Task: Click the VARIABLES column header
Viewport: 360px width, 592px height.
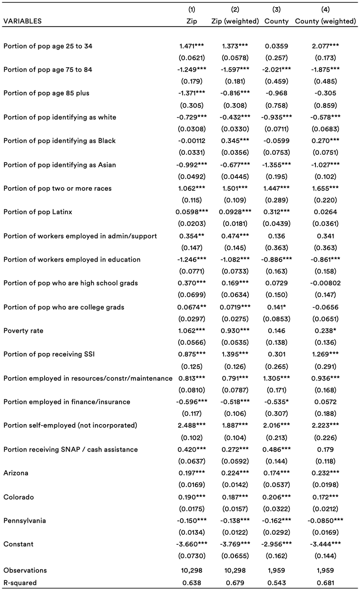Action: [x=22, y=21]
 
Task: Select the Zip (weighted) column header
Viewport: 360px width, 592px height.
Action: [x=235, y=21]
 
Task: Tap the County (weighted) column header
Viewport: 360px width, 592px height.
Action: [x=325, y=21]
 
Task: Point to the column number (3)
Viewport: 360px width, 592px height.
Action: [x=277, y=9]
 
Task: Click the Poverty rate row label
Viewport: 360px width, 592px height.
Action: [x=23, y=331]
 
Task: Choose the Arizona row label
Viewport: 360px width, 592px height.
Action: [x=16, y=473]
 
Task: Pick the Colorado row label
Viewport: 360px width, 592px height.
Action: [x=18, y=497]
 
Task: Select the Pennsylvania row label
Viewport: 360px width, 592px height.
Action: [x=25, y=520]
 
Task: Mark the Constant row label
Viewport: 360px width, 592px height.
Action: [x=18, y=544]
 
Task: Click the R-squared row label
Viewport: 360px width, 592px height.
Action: [x=20, y=583]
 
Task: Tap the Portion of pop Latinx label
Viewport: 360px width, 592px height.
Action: [x=38, y=212]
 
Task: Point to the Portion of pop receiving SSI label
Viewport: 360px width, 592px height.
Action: [x=49, y=354]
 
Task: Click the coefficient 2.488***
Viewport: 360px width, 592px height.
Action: [x=192, y=425]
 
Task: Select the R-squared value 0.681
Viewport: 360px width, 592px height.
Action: [x=325, y=583]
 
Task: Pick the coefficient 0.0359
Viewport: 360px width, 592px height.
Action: [x=277, y=46]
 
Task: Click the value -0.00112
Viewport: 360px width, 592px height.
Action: [x=192, y=140]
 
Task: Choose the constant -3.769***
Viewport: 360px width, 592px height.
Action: [x=235, y=544]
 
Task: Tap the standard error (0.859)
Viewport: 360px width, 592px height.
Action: [x=325, y=105]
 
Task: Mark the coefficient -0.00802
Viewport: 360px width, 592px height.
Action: [x=325, y=283]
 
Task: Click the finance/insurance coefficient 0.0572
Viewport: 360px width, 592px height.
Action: [x=325, y=402]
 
